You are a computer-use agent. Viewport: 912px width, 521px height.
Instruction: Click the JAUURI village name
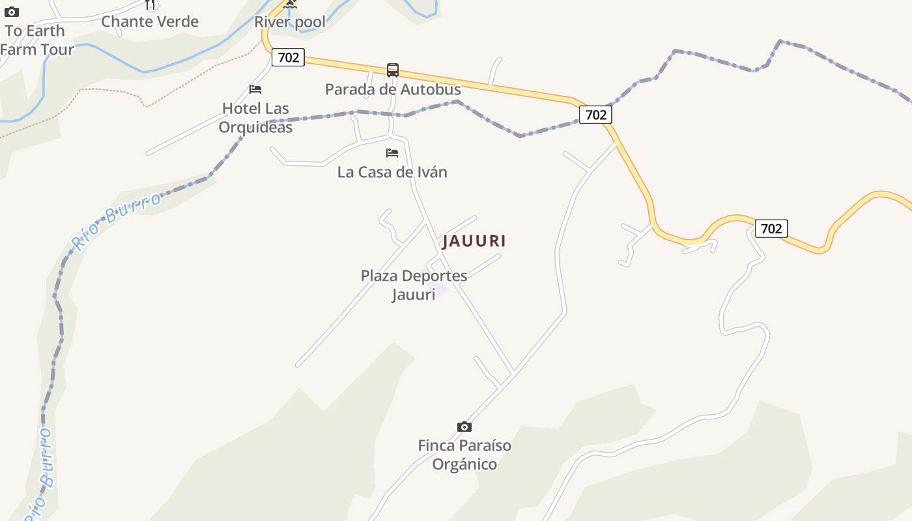pyautogui.click(x=474, y=241)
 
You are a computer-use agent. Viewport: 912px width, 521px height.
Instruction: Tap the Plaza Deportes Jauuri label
pyautogui.click(x=414, y=285)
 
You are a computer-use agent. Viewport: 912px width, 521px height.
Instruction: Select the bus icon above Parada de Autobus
pyautogui.click(x=393, y=70)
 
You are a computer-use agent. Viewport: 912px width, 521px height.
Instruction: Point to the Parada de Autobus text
pyautogui.click(x=393, y=89)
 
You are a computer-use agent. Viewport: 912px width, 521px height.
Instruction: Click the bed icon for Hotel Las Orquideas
pyautogui.click(x=255, y=89)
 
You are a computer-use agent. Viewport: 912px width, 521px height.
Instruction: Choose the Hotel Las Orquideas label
pyautogui.click(x=255, y=117)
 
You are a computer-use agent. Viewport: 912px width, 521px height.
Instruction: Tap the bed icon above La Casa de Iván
pyautogui.click(x=392, y=153)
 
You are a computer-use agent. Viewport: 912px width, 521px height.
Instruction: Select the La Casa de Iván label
pyautogui.click(x=392, y=172)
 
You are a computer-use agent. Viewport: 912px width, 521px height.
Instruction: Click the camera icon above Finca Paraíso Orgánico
pyautogui.click(x=464, y=427)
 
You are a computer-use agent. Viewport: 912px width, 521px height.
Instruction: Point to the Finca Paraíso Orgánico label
pyautogui.click(x=464, y=455)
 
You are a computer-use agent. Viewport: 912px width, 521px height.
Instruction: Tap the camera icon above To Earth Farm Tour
pyautogui.click(x=12, y=12)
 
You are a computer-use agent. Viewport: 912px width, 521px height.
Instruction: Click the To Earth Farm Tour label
pyautogui.click(x=36, y=40)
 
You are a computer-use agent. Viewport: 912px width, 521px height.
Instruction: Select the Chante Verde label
pyautogui.click(x=150, y=21)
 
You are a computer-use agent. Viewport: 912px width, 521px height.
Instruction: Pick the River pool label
pyautogui.click(x=290, y=22)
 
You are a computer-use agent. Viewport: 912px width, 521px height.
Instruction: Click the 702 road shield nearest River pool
pyautogui.click(x=288, y=57)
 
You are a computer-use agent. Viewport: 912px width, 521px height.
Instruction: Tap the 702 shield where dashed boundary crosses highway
pyautogui.click(x=595, y=115)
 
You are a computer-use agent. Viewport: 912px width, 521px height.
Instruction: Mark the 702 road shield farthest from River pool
pyautogui.click(x=771, y=229)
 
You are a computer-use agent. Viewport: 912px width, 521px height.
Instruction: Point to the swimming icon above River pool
pyautogui.click(x=290, y=4)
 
